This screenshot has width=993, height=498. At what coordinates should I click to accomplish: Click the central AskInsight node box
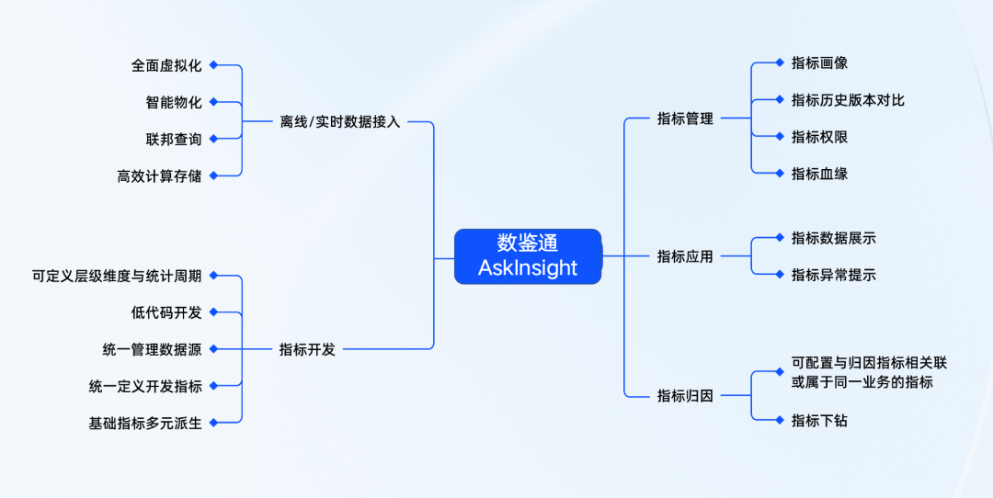pyautogui.click(x=528, y=255)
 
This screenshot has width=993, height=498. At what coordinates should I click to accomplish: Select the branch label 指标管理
pyautogui.click(x=685, y=119)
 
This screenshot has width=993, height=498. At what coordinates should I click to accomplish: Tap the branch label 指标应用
pyautogui.click(x=685, y=256)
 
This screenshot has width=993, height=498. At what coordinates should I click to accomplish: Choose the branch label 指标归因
pyautogui.click(x=685, y=396)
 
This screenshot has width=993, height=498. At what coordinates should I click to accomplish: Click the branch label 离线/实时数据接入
pyautogui.click(x=340, y=121)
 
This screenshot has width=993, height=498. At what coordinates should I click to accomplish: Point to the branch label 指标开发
pyautogui.click(x=307, y=349)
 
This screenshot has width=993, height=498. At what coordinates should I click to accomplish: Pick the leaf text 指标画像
pyautogui.click(x=819, y=63)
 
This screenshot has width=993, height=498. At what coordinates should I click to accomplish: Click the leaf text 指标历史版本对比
pyautogui.click(x=848, y=100)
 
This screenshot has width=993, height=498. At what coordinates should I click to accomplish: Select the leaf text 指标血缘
pyautogui.click(x=819, y=174)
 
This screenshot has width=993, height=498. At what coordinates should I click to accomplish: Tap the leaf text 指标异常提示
pyautogui.click(x=833, y=275)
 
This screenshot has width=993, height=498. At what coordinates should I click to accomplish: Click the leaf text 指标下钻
pyautogui.click(x=819, y=420)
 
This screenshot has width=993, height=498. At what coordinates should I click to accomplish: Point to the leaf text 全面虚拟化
pyautogui.click(x=165, y=65)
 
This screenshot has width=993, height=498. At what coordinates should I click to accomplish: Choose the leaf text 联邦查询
pyautogui.click(x=173, y=139)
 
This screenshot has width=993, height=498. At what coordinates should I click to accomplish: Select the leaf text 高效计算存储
pyautogui.click(x=159, y=175)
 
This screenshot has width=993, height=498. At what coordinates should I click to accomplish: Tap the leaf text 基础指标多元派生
pyautogui.click(x=144, y=423)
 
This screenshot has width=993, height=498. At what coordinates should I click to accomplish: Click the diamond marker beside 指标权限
pyautogui.click(x=780, y=136)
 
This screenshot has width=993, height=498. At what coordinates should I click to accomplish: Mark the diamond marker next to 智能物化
pyautogui.click(x=213, y=102)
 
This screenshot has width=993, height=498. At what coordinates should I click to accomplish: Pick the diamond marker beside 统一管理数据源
pyautogui.click(x=213, y=349)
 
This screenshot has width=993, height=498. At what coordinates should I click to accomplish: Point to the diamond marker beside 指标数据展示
pyautogui.click(x=780, y=238)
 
